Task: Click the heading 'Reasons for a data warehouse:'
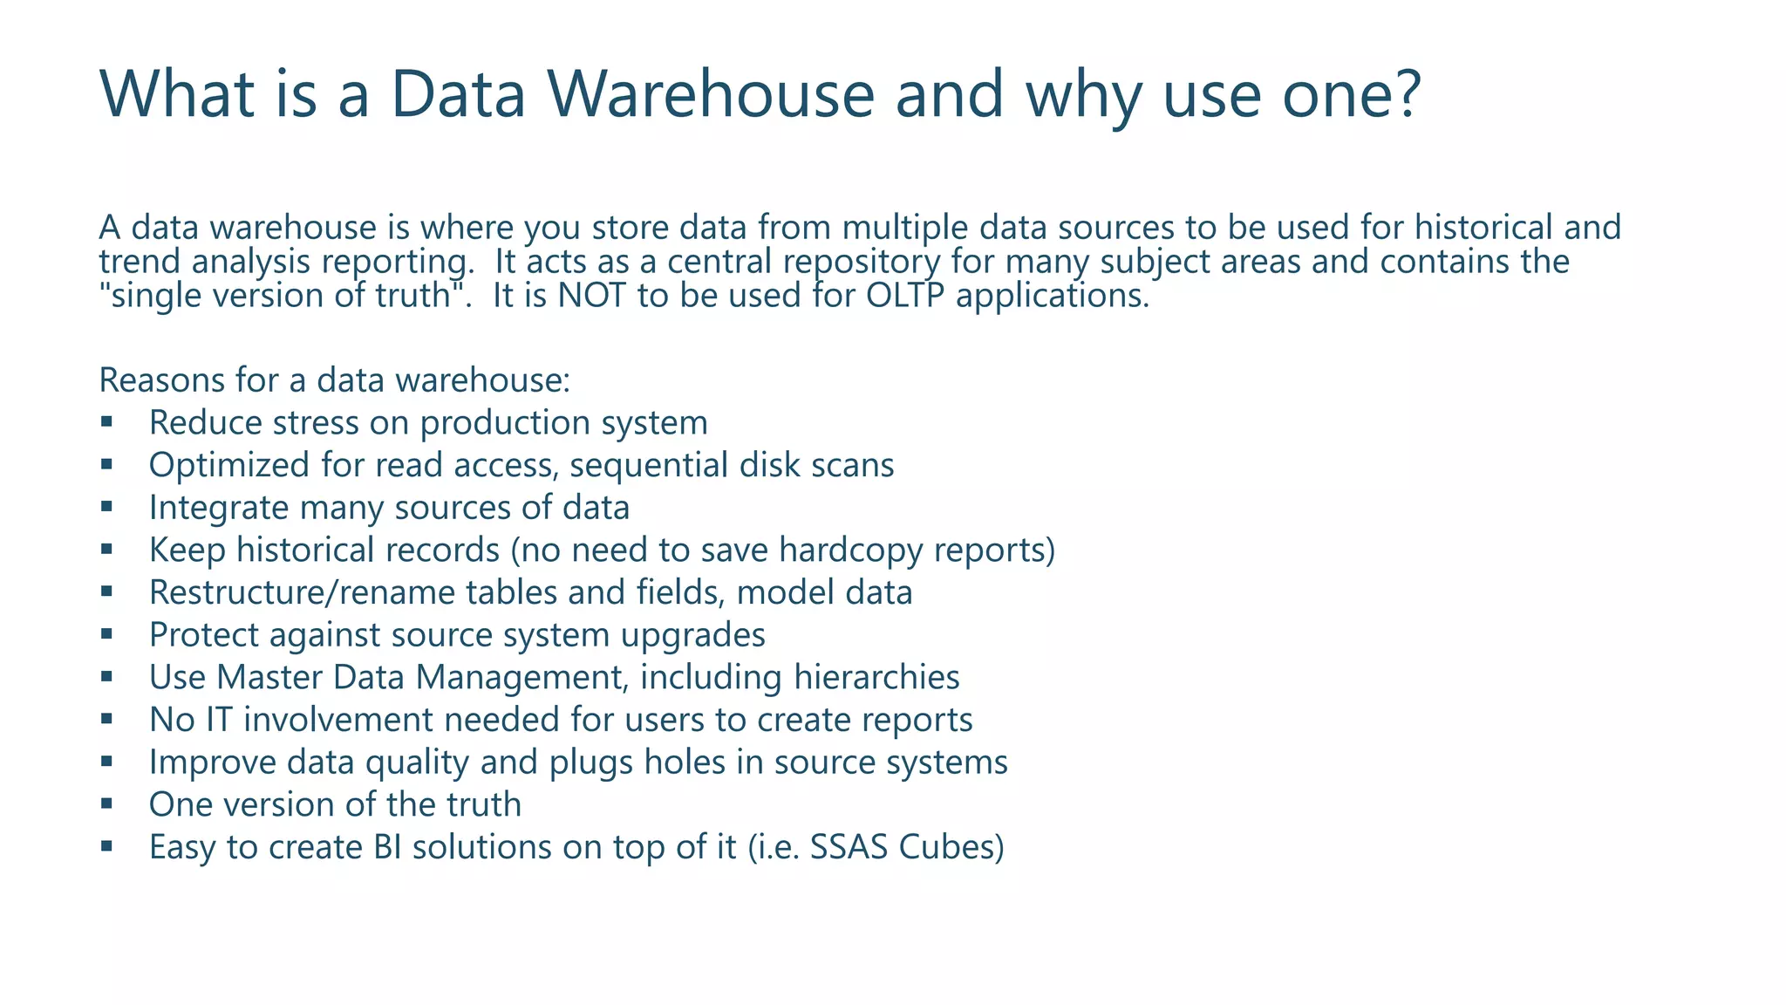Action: coord(334,380)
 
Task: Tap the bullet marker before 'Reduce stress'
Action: coord(106,423)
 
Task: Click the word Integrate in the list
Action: coord(218,508)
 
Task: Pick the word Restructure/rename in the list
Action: coord(302,592)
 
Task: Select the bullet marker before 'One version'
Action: coord(106,804)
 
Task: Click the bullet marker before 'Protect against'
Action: coord(106,635)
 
